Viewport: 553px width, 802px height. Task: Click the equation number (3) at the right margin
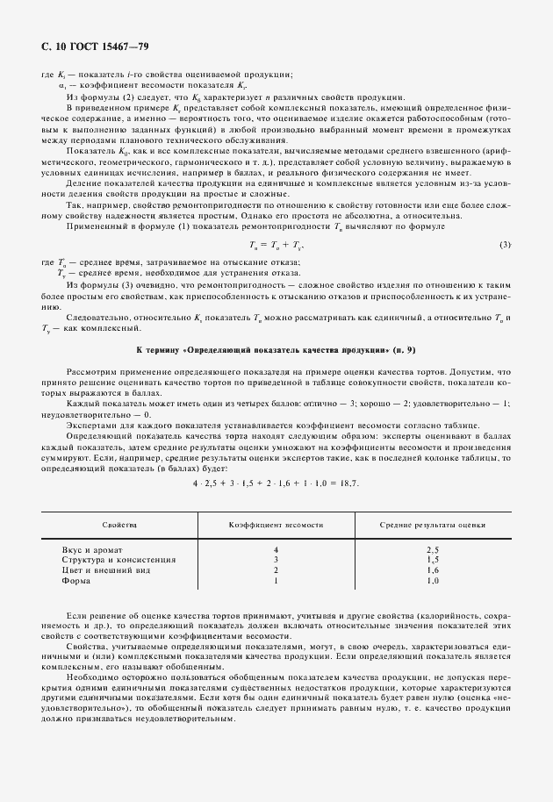tap(505, 243)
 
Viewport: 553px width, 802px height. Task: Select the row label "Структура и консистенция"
tap(118, 558)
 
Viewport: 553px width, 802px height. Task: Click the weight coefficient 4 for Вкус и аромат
tap(276, 548)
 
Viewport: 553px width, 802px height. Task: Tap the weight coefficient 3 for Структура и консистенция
tap(276, 558)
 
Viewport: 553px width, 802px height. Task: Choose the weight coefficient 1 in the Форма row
tap(276, 580)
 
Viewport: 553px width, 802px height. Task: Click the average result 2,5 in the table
tap(432, 548)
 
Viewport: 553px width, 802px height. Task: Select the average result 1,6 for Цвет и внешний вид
tap(432, 569)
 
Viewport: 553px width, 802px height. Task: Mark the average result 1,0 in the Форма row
tap(432, 580)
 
